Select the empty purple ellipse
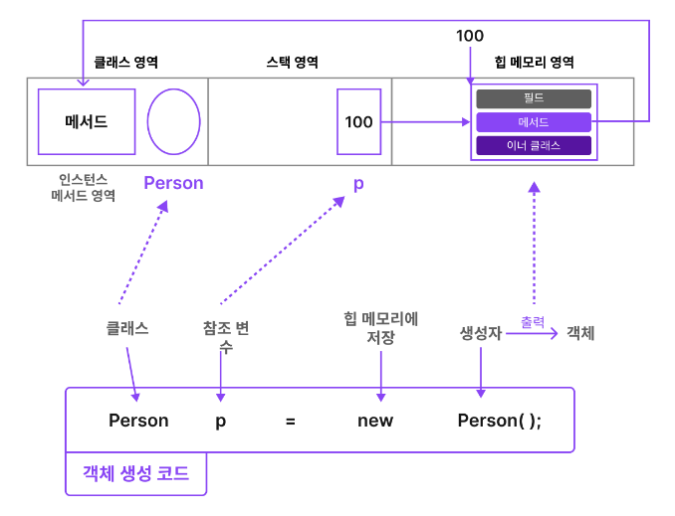(x=174, y=121)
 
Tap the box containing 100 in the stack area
(x=358, y=121)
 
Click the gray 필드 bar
(x=534, y=98)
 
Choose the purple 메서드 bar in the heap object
(x=534, y=122)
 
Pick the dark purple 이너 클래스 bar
(x=534, y=146)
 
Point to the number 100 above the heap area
(x=470, y=36)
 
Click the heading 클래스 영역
(x=126, y=62)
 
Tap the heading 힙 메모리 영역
(x=534, y=62)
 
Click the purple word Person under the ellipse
(x=173, y=183)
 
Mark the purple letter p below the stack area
(x=358, y=185)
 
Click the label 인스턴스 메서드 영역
(x=84, y=187)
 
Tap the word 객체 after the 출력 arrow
(x=580, y=333)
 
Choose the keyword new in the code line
(x=375, y=421)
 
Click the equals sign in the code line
(x=291, y=421)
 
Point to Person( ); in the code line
(x=500, y=421)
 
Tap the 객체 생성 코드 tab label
(x=136, y=473)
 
